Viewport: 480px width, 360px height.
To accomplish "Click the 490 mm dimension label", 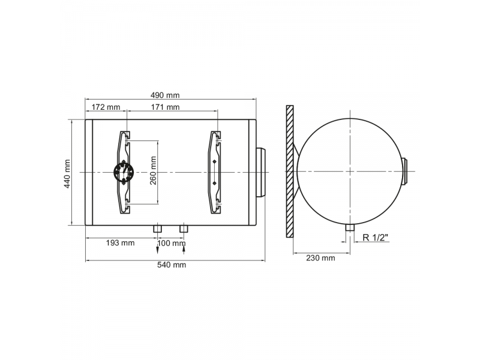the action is (x=165, y=95).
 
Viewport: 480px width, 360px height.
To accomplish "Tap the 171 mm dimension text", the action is (x=166, y=107).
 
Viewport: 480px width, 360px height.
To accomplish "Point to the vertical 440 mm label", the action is (x=67, y=173).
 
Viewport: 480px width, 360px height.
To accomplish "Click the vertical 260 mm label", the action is (x=153, y=170).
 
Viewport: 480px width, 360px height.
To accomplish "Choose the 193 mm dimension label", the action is (x=121, y=243).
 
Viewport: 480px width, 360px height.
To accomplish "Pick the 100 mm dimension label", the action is (x=172, y=243).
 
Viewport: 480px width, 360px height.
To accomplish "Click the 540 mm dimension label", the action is (x=172, y=265).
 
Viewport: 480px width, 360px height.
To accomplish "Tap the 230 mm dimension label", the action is (x=320, y=258).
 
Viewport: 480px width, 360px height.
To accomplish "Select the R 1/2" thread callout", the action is (x=376, y=237).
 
